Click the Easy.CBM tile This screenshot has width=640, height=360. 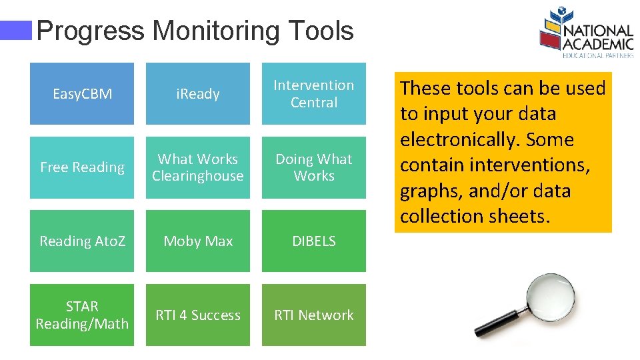[x=82, y=94]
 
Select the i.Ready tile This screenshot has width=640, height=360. [x=197, y=94]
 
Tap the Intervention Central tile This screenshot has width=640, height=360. [x=313, y=94]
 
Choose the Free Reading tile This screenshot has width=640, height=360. [x=82, y=167]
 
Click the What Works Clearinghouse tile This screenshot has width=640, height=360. [x=197, y=167]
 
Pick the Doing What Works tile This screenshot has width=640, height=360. [x=313, y=167]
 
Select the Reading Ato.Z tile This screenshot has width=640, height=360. [x=82, y=241]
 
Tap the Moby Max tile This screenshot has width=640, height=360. [x=197, y=241]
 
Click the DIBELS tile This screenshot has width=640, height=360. [x=313, y=241]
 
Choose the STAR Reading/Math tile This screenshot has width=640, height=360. [x=82, y=315]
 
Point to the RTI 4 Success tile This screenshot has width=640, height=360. [x=197, y=315]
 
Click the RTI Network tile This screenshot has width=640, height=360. [x=313, y=315]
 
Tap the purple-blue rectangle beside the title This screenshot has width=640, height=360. [x=16, y=30]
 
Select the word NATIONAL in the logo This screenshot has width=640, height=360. [x=598, y=31]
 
